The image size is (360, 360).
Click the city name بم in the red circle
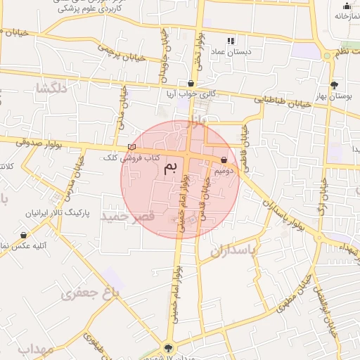coord(169,168)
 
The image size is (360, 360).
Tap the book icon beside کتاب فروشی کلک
coord(131,148)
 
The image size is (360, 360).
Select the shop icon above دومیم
coord(224,160)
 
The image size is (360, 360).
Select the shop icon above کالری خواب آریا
coord(191,83)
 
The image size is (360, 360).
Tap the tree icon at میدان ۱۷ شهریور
coord(167,347)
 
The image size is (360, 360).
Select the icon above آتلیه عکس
coord(23,236)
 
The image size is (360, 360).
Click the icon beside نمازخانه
coord(346,6)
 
